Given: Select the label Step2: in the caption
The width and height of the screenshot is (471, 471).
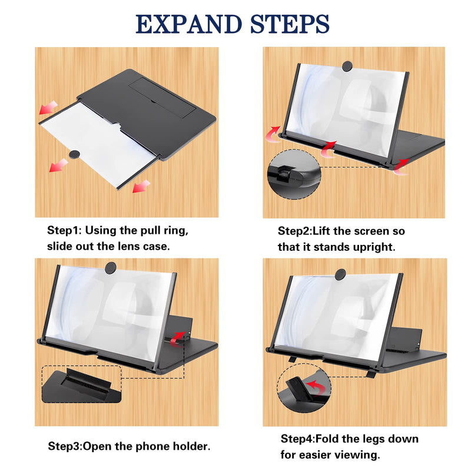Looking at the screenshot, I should tap(297, 231).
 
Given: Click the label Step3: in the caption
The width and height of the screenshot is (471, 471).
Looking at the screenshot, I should tap(67, 446).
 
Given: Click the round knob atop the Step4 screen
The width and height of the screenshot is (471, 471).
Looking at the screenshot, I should tap(340, 274).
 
